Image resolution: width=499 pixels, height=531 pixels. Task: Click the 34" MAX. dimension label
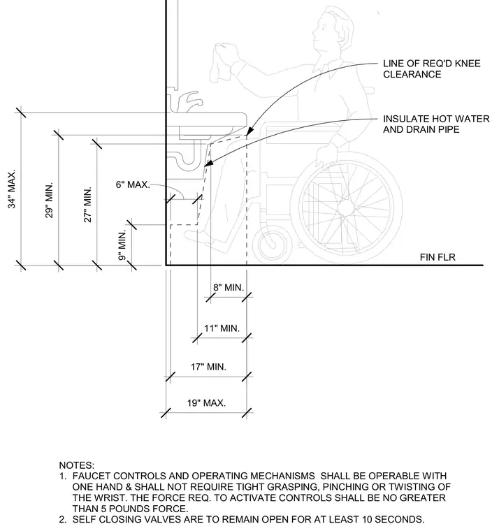(x=12, y=189)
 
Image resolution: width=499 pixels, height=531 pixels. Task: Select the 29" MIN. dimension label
(x=50, y=200)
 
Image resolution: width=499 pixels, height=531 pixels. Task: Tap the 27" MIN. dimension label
(x=88, y=205)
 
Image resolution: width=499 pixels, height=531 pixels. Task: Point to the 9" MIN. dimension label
(x=122, y=245)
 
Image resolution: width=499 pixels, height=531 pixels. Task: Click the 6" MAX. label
(x=133, y=184)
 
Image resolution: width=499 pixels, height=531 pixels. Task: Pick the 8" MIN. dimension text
(x=229, y=288)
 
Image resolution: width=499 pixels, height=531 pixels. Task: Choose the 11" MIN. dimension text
(x=222, y=328)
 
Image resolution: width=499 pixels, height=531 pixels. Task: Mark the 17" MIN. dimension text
(x=208, y=367)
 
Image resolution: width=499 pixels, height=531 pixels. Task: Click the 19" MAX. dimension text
(x=206, y=403)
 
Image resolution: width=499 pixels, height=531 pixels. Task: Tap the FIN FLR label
(x=437, y=257)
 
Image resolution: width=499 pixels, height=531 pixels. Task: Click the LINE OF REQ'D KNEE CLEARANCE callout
(x=432, y=68)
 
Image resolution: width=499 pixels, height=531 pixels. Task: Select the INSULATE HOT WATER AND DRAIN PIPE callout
(x=436, y=124)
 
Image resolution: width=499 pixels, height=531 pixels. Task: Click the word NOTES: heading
(x=77, y=465)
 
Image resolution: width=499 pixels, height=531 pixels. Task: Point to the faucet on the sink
(x=189, y=101)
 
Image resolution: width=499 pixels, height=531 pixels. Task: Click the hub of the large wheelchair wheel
(x=346, y=208)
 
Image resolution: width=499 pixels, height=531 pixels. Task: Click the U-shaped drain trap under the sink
(x=187, y=159)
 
